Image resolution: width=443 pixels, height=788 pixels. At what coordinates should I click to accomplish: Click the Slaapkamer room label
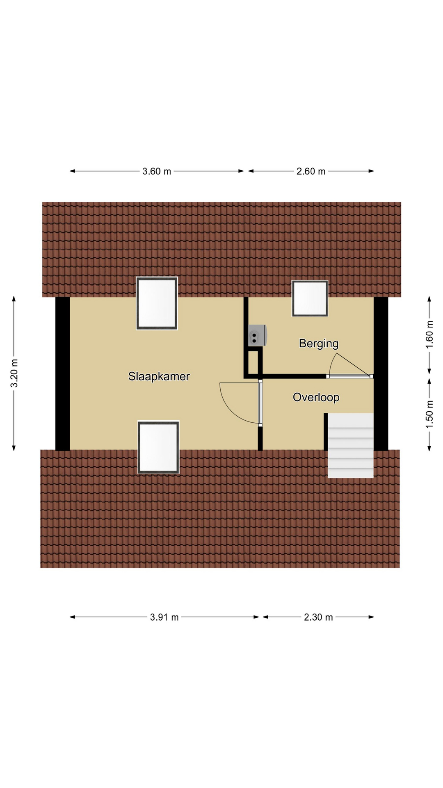pyautogui.click(x=159, y=376)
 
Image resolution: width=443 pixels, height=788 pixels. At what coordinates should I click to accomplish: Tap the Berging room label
pyautogui.click(x=319, y=344)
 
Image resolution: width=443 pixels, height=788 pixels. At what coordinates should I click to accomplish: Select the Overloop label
pyautogui.click(x=316, y=397)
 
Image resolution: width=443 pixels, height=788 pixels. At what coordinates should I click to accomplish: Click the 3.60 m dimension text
pyautogui.click(x=157, y=172)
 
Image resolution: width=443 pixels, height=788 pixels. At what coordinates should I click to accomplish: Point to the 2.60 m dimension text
pyautogui.click(x=311, y=172)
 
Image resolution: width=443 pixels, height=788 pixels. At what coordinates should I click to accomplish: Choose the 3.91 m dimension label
pyautogui.click(x=164, y=617)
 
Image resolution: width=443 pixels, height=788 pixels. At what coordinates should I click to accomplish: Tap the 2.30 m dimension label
pyautogui.click(x=318, y=617)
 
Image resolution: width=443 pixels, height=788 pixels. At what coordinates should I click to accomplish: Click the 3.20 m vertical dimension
pyautogui.click(x=14, y=373)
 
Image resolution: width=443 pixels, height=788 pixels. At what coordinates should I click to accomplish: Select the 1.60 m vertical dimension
pyautogui.click(x=429, y=334)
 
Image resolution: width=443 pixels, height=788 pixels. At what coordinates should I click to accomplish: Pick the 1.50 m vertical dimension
pyautogui.click(x=429, y=414)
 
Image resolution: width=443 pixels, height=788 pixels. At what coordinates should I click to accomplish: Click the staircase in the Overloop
pyautogui.click(x=351, y=445)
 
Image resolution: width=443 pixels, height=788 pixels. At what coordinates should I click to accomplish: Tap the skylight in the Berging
pyautogui.click(x=310, y=298)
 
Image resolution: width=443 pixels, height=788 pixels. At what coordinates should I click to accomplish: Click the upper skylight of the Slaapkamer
pyautogui.click(x=157, y=303)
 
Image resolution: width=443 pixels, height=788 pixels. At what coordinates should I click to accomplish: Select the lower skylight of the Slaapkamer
pyautogui.click(x=158, y=447)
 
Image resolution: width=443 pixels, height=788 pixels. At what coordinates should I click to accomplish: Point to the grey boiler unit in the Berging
pyautogui.click(x=258, y=335)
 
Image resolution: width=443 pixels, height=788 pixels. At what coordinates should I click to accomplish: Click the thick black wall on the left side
pyautogui.click(x=62, y=373)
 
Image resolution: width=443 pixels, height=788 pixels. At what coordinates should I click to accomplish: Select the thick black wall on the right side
pyautogui.click(x=381, y=373)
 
